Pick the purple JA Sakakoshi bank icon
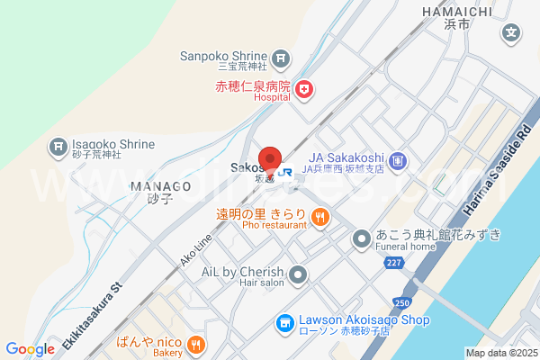tap(400, 162)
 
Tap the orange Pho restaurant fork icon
tap(319, 216)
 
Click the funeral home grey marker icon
tap(361, 238)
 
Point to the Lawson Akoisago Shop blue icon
tap(284, 321)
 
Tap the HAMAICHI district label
tap(455, 11)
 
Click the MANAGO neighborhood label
tap(160, 186)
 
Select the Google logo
tap(30, 349)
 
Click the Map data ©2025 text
tap(500, 353)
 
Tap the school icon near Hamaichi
tap(511, 33)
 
